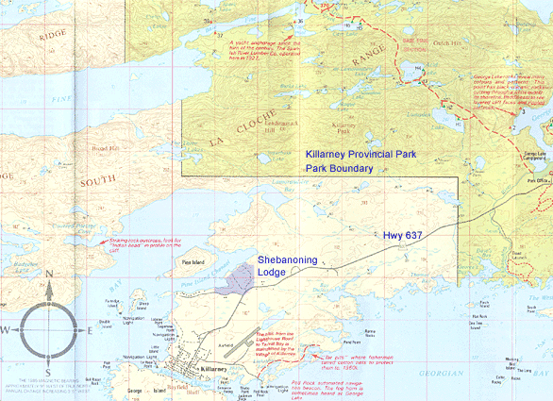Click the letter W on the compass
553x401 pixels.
click(x=7, y=329)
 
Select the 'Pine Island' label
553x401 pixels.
click(x=193, y=262)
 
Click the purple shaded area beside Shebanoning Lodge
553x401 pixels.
click(x=243, y=276)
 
